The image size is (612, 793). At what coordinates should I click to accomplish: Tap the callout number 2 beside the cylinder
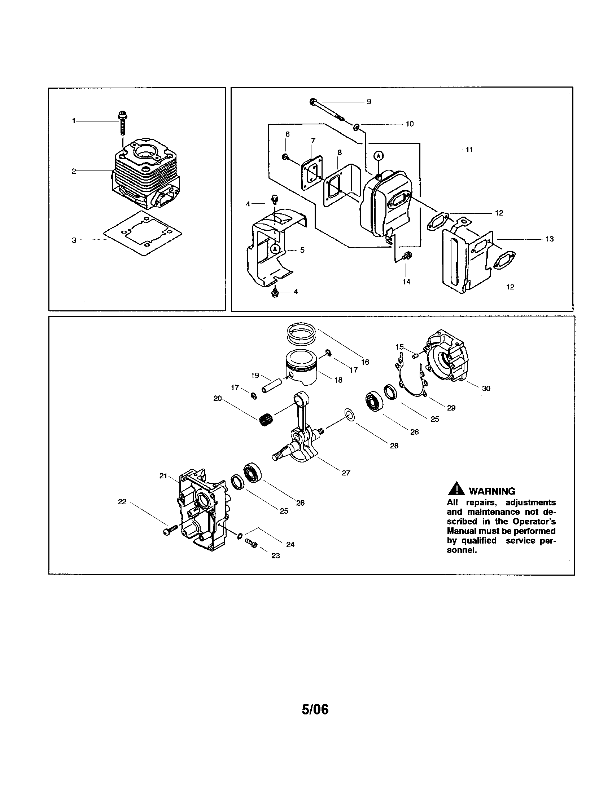[x=74, y=171]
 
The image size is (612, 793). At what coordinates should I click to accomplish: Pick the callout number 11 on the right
[x=469, y=150]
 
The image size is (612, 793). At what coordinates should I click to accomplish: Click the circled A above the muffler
[x=379, y=156]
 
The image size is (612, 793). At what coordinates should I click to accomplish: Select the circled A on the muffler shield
[x=275, y=248]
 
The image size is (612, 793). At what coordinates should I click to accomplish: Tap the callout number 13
[x=549, y=239]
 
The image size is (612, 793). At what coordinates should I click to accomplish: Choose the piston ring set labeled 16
[x=301, y=334]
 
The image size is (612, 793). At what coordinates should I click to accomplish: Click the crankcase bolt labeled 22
[x=170, y=531]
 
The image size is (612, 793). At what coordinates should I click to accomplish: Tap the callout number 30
[x=486, y=389]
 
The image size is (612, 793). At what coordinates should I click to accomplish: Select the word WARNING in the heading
[x=492, y=491]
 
